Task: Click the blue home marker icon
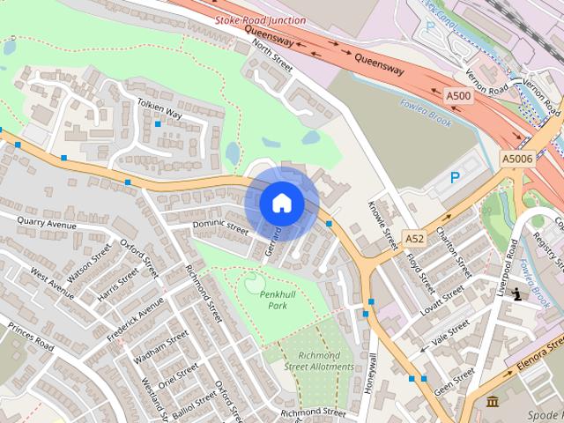281,203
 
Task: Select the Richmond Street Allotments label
320,361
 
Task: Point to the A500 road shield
457,95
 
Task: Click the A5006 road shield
517,159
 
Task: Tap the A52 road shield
415,238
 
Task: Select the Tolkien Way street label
160,109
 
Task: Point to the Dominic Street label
221,226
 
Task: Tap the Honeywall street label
373,373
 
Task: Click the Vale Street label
451,333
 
